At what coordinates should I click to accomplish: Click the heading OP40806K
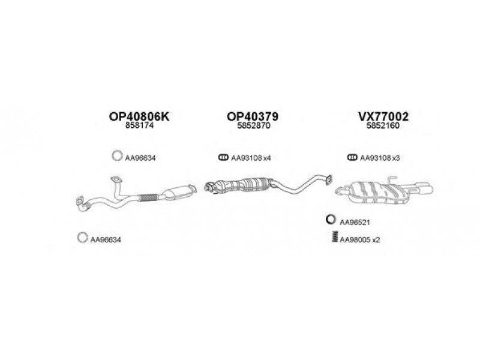[x=140, y=117]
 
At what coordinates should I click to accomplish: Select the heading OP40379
[x=252, y=117]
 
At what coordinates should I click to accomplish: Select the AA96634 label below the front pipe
[x=106, y=239]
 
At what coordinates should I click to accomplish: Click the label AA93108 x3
[x=379, y=158]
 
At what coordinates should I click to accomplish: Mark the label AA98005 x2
[x=360, y=239]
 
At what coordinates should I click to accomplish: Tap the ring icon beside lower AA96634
[x=82, y=238]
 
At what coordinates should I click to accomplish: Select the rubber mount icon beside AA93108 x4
[x=222, y=158]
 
